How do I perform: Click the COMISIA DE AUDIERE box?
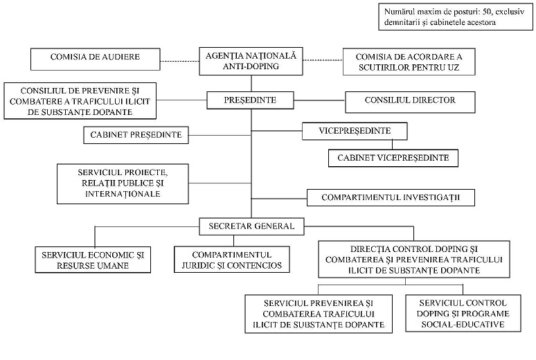tap(96, 59)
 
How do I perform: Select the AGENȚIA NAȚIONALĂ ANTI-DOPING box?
tap(251, 61)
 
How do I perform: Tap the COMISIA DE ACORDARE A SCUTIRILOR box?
tap(409, 62)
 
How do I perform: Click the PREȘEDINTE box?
tap(250, 100)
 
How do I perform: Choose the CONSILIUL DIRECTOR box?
tap(410, 102)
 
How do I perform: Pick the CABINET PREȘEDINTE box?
tap(136, 135)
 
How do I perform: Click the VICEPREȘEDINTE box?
tap(355, 131)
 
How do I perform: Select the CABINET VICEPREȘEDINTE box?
tap(393, 158)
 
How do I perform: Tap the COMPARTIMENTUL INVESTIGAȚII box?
tap(391, 197)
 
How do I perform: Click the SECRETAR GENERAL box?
tap(251, 226)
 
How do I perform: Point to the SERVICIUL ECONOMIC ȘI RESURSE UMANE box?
tap(93, 260)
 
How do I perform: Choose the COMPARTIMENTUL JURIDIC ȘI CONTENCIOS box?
tap(232, 260)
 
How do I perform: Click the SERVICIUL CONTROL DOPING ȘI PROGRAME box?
tap(463, 313)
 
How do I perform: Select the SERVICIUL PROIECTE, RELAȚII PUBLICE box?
tap(123, 184)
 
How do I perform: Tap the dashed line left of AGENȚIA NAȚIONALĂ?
tap(180, 61)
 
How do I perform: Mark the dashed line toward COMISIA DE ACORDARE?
tap(323, 60)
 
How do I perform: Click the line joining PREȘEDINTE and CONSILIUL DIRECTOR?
tap(319, 100)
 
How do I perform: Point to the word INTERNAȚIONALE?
tap(123, 194)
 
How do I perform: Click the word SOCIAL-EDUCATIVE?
tap(463, 324)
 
